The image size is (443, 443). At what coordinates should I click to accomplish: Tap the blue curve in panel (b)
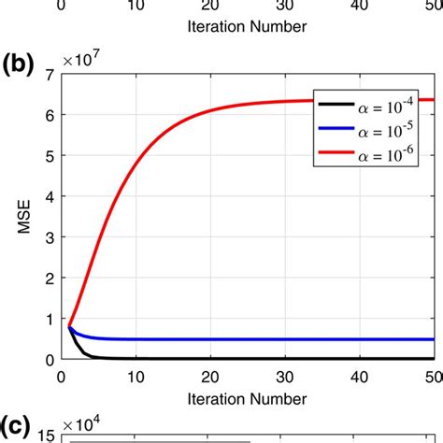point(234,339)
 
